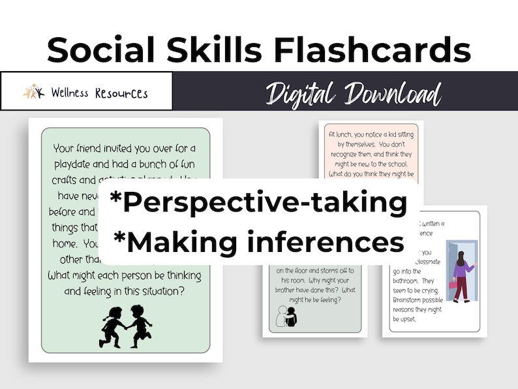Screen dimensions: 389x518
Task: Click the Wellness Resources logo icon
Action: (33, 92)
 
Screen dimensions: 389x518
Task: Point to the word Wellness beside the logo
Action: (72, 93)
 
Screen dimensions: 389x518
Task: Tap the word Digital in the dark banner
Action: (305, 93)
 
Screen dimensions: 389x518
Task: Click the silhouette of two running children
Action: (125, 324)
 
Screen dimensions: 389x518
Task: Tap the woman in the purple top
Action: (464, 273)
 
